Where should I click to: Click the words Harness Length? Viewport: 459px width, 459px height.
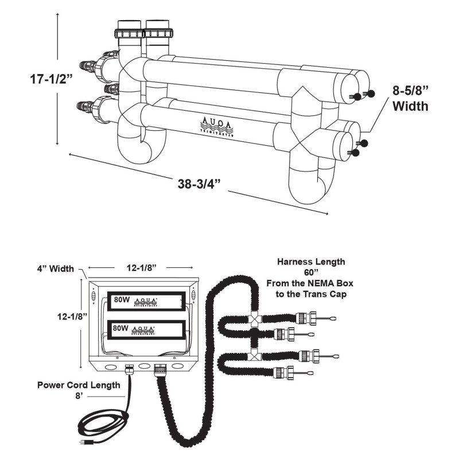311,262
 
